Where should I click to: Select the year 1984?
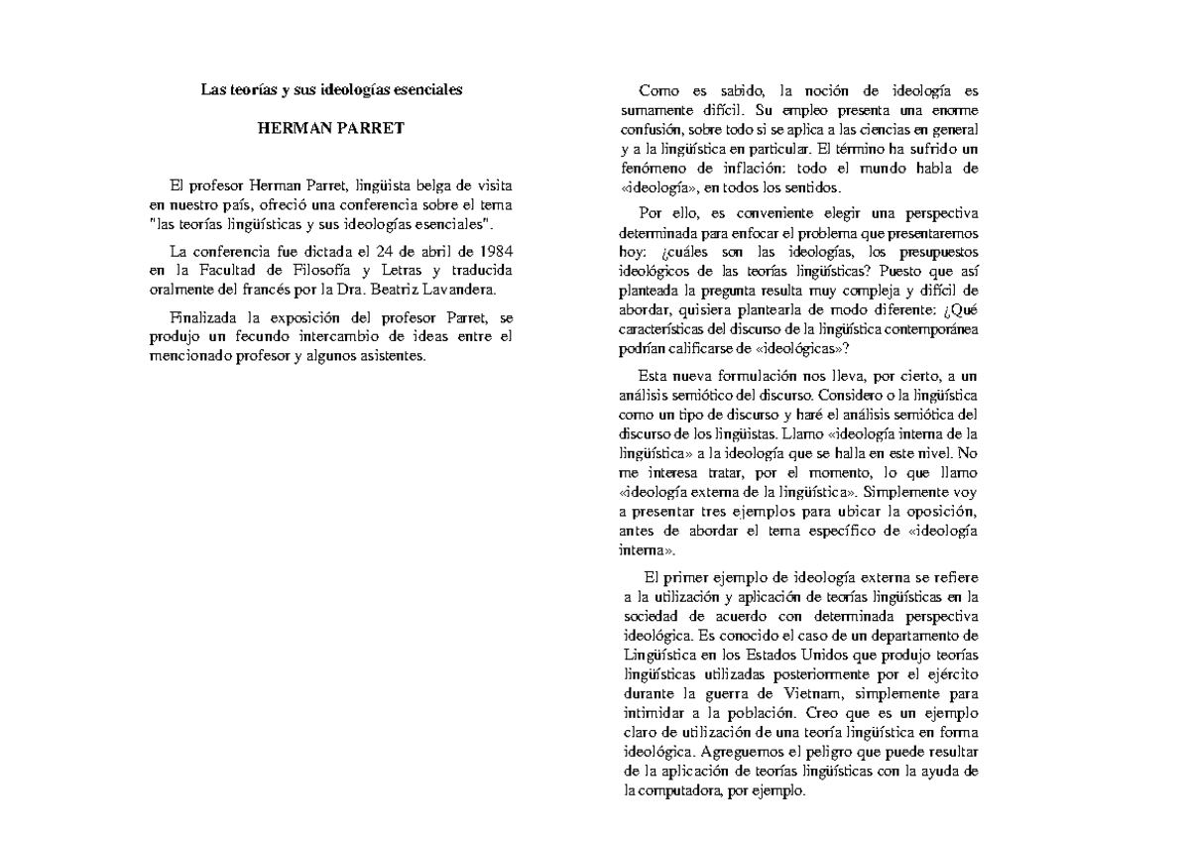tap(494, 250)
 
